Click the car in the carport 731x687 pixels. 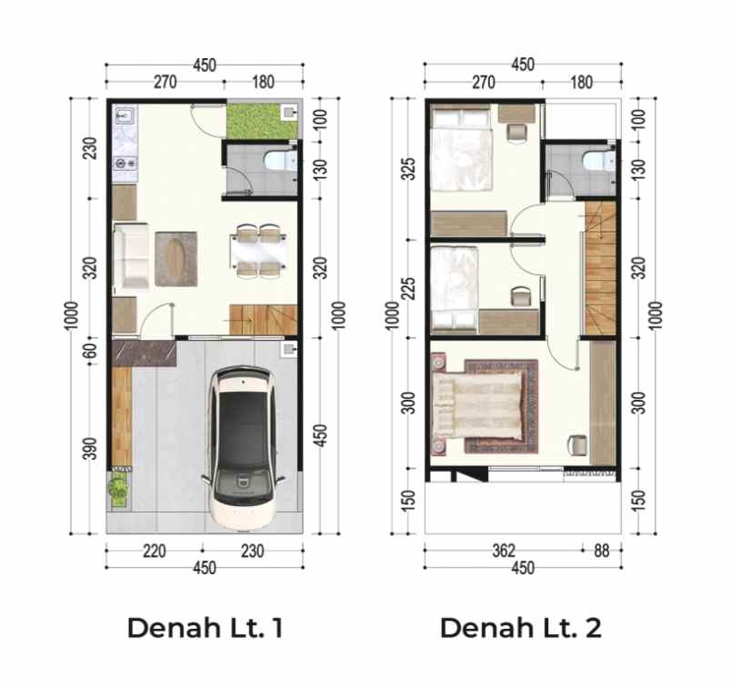pos(242,448)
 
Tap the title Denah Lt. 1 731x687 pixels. pos(205,627)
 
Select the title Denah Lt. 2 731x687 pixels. pos(521,627)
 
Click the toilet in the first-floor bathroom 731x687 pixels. pos(280,161)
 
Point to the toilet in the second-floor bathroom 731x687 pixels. pos(598,161)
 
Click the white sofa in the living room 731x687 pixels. pos(131,257)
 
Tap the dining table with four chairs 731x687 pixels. pos(258,251)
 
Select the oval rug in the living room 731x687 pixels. pos(176,258)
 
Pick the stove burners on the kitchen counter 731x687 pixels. pos(125,164)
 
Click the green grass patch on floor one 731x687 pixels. pos(261,121)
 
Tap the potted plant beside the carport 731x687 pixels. pos(118,489)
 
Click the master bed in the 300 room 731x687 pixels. pos(477,406)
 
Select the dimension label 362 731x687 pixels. pos(504,551)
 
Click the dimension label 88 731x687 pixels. pos(601,551)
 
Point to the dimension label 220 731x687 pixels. pos(155,551)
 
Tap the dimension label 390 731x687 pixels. pos(90,448)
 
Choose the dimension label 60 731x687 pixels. pos(90,351)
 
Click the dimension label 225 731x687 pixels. pos(408,288)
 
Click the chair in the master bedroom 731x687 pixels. pos(577,444)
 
